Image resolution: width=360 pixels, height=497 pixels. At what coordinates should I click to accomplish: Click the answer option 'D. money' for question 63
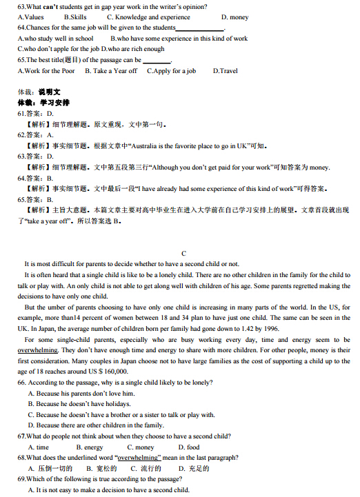tap(234, 17)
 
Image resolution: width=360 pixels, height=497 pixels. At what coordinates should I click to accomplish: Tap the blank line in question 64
tap(200, 29)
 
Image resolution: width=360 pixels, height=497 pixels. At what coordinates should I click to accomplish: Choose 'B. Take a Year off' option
tap(110, 70)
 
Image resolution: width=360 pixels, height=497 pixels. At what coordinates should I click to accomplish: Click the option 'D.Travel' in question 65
tap(225, 70)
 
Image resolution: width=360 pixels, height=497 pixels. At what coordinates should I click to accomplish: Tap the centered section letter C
tap(183, 253)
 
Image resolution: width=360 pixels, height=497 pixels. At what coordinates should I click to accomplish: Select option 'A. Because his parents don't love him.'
tap(81, 394)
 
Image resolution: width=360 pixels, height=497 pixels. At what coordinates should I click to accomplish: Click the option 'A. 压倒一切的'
tap(50, 469)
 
